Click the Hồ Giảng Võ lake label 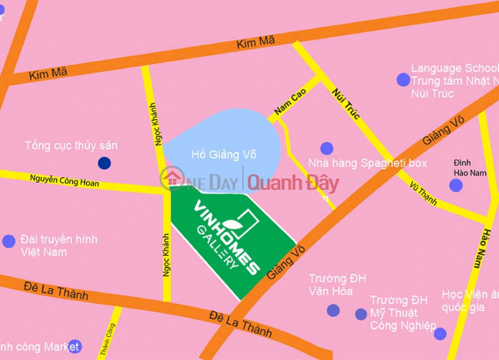point(224,154)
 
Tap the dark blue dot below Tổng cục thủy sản point(105,162)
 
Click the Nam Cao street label point(290,102)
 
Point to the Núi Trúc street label point(346,102)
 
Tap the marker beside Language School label point(403,79)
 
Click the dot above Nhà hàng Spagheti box point(326,148)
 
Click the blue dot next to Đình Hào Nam point(456,185)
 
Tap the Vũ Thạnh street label point(423,192)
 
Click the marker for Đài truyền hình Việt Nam point(8,241)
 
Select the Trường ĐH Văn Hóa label point(337,285)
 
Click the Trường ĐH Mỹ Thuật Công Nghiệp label point(402,313)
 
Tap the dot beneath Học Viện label point(440,334)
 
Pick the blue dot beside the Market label point(74,346)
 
